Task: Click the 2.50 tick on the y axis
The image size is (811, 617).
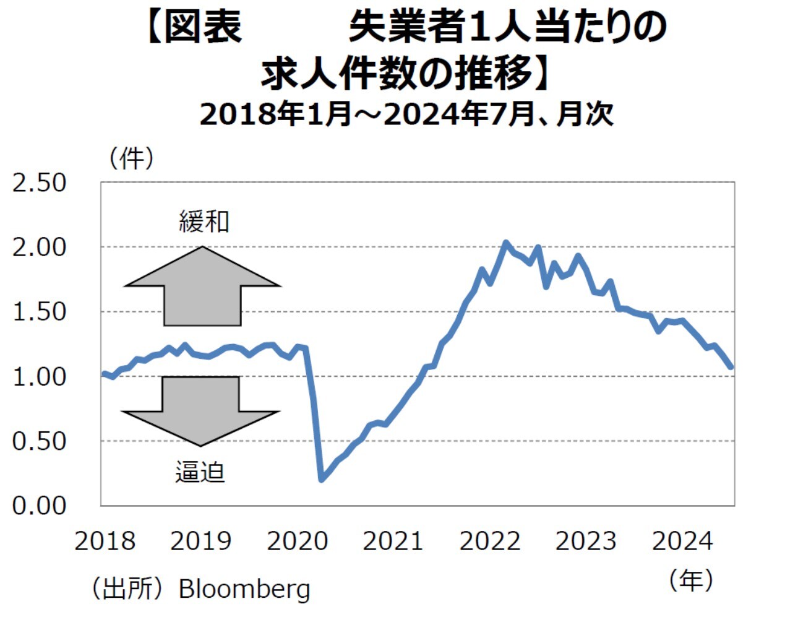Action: coord(39,183)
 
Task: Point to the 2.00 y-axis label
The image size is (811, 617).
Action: coord(39,248)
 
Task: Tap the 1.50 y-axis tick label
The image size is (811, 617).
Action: coord(39,312)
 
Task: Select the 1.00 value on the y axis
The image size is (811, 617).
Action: coord(39,377)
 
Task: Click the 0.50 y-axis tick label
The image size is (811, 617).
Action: coord(39,441)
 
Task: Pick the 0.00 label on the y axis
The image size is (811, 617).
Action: coord(39,506)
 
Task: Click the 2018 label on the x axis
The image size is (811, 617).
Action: coord(105,541)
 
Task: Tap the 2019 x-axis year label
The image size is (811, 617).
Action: coord(201,541)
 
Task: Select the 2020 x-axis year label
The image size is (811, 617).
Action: coord(297,541)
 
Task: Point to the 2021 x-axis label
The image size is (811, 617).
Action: coord(393,541)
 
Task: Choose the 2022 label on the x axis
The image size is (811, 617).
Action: coord(490,541)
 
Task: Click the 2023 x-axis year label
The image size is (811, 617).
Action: coord(586,541)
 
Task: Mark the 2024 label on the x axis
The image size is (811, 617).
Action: coord(682,541)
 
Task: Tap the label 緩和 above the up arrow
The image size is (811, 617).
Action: coord(204,222)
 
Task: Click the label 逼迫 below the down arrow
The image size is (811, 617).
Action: coord(200,473)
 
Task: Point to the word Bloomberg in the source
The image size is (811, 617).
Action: coord(244,589)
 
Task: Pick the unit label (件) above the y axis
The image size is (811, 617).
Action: coord(132,158)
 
